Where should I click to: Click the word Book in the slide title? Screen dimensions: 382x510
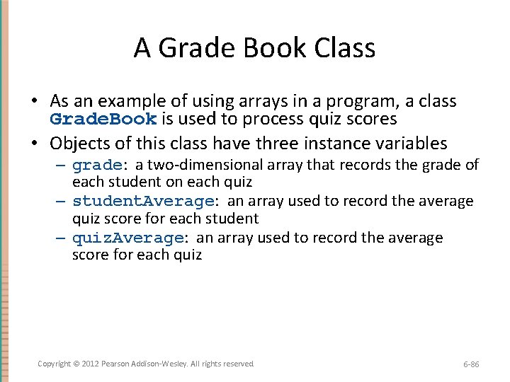coord(258,49)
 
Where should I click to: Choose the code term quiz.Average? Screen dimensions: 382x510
coord(132,238)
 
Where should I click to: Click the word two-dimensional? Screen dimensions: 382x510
coord(208,165)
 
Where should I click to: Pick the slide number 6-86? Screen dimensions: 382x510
coord(471,364)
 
